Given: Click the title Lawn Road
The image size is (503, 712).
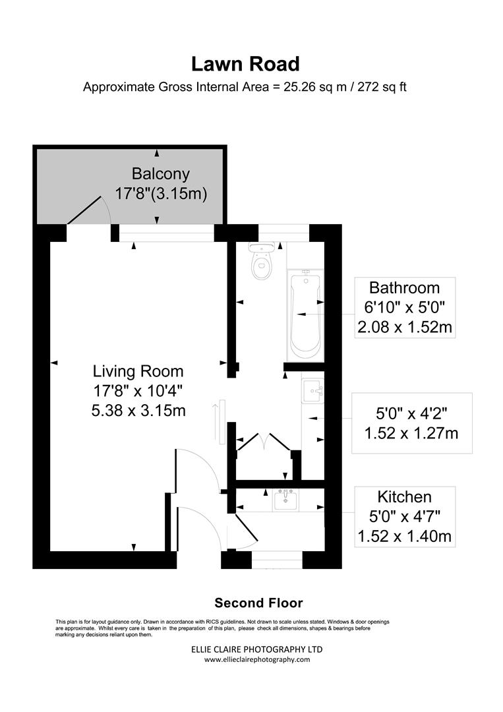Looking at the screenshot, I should click(245, 64).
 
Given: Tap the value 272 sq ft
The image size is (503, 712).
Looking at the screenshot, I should click(382, 87).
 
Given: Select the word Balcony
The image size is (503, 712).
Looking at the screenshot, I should click(161, 174).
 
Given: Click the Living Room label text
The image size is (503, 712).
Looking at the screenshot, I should click(138, 371).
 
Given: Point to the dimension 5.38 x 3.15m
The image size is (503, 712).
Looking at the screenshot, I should click(138, 410).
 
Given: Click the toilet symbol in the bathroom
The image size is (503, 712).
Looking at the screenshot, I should click(263, 262).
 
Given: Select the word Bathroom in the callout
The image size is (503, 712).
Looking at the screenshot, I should click(404, 287).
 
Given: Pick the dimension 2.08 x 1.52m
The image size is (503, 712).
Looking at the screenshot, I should click(404, 327).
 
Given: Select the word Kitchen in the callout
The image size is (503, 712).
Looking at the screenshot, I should click(404, 496).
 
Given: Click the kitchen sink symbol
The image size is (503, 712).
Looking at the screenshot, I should click(286, 500).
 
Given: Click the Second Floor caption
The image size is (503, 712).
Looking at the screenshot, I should click(258, 603).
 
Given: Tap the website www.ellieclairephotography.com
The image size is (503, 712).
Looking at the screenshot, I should click(256, 659).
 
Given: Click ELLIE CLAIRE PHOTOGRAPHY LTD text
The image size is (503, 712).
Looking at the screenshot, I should click(256, 649).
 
